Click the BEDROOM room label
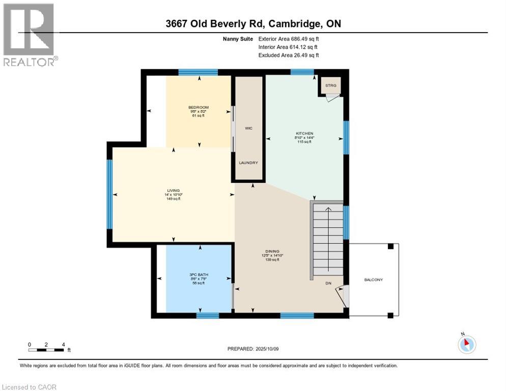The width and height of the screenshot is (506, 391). click(x=199, y=107)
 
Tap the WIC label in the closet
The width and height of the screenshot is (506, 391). click(x=248, y=128)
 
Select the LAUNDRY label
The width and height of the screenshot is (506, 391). click(x=248, y=163)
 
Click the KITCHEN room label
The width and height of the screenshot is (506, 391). click(x=303, y=133)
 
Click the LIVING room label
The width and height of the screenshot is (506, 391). click(x=174, y=190)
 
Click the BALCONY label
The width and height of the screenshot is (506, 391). click(x=373, y=280)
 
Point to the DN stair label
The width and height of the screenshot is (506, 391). click(x=328, y=284)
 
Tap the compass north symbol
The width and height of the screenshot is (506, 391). click(x=466, y=344)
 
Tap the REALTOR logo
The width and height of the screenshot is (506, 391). click(x=29, y=35)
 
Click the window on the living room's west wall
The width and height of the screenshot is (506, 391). click(x=109, y=194)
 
